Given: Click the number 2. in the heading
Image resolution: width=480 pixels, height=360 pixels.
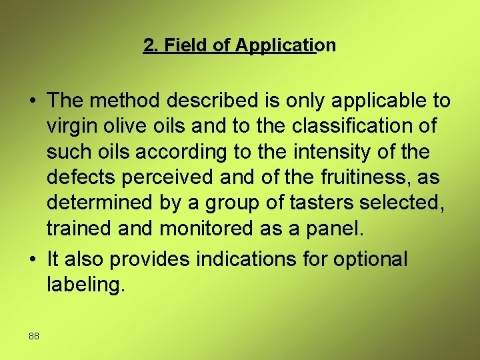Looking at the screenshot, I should point(151,45).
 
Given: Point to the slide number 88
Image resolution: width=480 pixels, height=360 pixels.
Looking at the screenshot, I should point(34,336).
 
